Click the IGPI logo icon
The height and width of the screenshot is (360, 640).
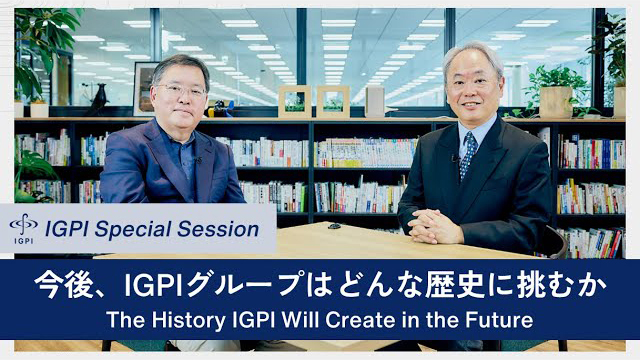coord(23,226)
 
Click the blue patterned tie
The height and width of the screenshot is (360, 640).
coord(468,154)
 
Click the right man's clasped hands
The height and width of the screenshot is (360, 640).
coord(438,226)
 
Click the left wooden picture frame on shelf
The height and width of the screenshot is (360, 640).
coord(294,101)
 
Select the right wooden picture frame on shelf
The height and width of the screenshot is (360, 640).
coord(332,101)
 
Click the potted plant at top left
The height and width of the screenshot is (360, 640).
coord(40,50)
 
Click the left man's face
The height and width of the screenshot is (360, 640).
coord(183,95)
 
